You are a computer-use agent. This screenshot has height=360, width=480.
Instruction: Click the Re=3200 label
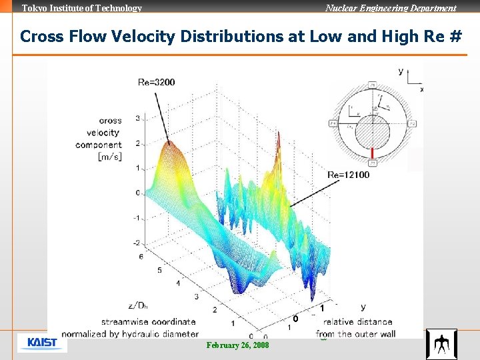click(x=156, y=83)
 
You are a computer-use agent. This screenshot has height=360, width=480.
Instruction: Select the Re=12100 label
click(x=348, y=175)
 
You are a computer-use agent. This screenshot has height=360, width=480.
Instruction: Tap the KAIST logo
click(x=42, y=343)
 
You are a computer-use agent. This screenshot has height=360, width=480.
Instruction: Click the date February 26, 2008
click(x=238, y=345)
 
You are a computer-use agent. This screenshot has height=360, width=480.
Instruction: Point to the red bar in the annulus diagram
click(x=373, y=152)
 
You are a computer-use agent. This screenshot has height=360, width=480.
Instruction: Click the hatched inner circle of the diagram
click(x=373, y=131)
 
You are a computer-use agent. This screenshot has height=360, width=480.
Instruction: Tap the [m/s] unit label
click(x=109, y=157)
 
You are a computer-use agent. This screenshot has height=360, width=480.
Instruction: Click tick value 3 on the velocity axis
click(x=137, y=119)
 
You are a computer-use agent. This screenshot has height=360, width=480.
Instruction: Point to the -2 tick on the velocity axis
click(x=136, y=243)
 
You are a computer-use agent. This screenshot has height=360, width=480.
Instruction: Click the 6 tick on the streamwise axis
click(x=141, y=257)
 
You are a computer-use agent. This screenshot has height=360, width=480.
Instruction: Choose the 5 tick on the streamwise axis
click(x=159, y=271)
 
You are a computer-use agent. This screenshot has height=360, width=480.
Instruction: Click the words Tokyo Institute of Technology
click(x=82, y=8)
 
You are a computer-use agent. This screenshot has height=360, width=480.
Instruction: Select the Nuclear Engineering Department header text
click(x=391, y=8)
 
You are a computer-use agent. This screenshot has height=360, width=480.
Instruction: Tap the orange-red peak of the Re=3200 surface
click(x=169, y=143)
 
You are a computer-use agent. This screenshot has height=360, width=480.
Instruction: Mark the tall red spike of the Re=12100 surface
click(x=279, y=143)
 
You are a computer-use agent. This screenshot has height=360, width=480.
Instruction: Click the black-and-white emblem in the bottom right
click(x=441, y=344)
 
